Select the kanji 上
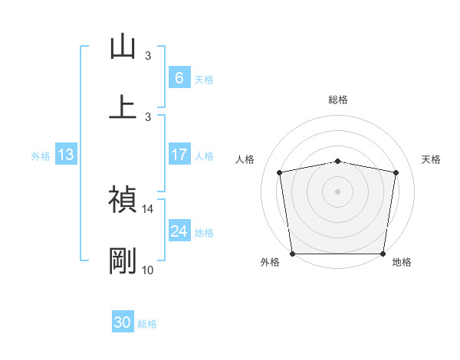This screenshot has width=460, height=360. coord(123,106)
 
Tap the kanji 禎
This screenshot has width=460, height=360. coord(123,200)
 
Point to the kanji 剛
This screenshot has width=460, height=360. coord(123,261)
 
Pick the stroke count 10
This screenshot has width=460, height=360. coord(148,270)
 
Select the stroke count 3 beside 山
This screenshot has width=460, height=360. coord(148,55)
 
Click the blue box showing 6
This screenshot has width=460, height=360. coord(179,77)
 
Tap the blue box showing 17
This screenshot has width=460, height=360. coord(179,155)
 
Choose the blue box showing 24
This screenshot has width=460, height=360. coord(179,231)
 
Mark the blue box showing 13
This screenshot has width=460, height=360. coord(66,155)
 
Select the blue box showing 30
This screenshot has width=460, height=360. coord(123,323)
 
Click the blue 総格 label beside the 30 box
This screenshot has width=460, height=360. coord(148,324)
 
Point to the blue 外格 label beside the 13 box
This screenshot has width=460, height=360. coord(41,155)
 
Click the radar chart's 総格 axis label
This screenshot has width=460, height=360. coord(338,100)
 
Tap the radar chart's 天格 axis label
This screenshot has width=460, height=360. coord(432,159)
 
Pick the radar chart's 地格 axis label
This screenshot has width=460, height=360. coord(402,263)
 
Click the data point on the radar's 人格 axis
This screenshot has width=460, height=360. coord(280,172)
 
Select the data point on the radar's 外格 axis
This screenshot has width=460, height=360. coord(293,254)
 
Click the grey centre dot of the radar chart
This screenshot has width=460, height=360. coord(338,191)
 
